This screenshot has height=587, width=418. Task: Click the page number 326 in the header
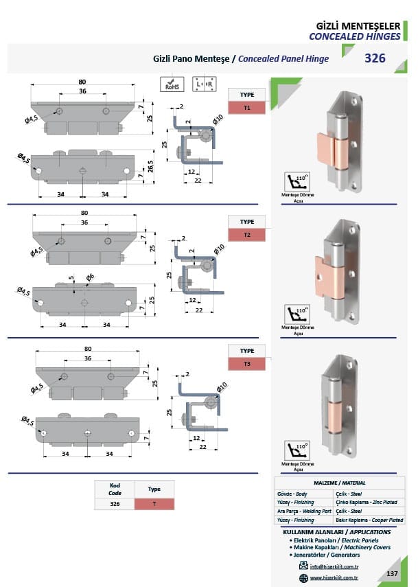pyautogui.click(x=375, y=59)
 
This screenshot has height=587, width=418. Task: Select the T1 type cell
pyautogui.click(x=247, y=108)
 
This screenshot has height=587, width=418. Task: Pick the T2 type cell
pyautogui.click(x=247, y=235)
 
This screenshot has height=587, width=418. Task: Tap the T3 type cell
pyautogui.click(x=247, y=363)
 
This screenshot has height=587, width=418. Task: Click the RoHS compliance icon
pyautogui.click(x=171, y=84)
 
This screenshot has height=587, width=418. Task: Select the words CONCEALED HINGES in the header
pyautogui.click(x=355, y=36)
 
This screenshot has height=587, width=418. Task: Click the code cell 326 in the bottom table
pyautogui.click(x=115, y=504)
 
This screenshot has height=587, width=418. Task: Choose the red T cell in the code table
pyautogui.click(x=154, y=504)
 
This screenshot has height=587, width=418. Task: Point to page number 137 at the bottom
pyautogui.click(x=393, y=573)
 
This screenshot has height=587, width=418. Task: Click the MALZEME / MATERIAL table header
pyautogui.click(x=340, y=483)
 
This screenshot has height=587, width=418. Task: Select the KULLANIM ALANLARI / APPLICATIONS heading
pyautogui.click(x=337, y=532)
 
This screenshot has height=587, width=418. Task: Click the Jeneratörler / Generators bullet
pyautogui.click(x=326, y=554)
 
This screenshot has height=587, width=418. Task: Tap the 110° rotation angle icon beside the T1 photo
pyautogui.click(x=297, y=182)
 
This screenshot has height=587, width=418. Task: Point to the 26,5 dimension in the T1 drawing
pyautogui.click(x=150, y=165)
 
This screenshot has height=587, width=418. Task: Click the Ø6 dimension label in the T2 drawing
pyautogui.click(x=90, y=277)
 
